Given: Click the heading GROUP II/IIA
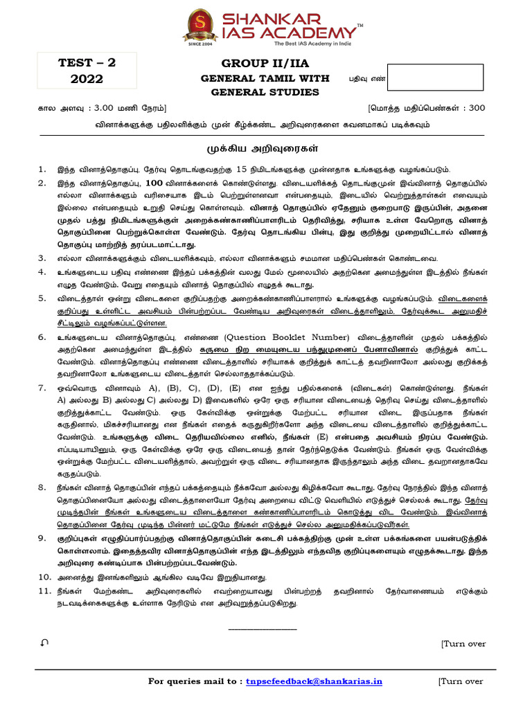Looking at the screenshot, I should pyautogui.click(x=265, y=63).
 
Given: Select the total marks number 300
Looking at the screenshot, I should pyautogui.click(x=477, y=108).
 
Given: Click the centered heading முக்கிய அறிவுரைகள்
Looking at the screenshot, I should pyautogui.click(x=265, y=148).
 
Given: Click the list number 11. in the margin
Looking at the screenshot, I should pyautogui.click(x=44, y=591).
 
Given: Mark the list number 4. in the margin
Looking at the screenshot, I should pyautogui.click(x=42, y=272).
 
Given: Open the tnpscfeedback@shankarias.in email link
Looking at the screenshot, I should pyautogui.click(x=314, y=681).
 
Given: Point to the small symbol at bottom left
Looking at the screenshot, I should pyautogui.click(x=44, y=643).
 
